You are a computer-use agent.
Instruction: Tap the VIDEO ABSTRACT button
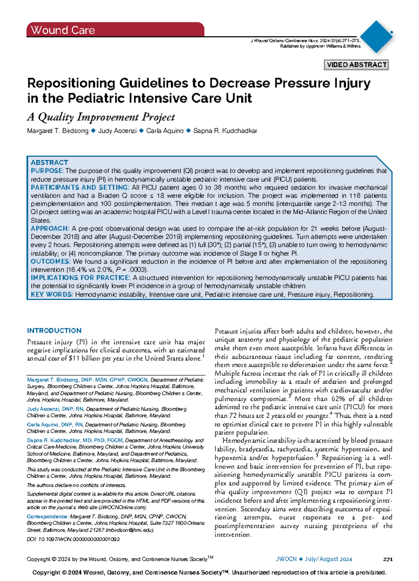[x=356, y=65]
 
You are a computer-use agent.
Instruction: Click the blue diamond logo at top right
[x=376, y=37]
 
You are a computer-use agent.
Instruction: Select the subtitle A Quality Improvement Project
[x=101, y=117]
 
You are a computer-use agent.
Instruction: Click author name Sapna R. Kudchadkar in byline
[x=225, y=131]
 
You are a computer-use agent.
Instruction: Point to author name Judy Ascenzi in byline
[x=117, y=131]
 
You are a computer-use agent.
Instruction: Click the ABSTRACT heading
[x=49, y=163]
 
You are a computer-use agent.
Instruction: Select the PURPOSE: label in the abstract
[x=47, y=171]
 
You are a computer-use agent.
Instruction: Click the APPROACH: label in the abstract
[x=50, y=229]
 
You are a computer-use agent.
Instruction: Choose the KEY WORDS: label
[x=52, y=295]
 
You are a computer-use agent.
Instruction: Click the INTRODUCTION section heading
[x=54, y=330]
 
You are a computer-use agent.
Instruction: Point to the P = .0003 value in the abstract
[x=131, y=270]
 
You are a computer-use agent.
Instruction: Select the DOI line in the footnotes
[x=73, y=539]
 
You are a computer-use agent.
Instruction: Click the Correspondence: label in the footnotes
[x=48, y=516]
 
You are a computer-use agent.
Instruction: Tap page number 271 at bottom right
[x=388, y=559]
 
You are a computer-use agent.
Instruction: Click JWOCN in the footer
[x=286, y=559]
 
